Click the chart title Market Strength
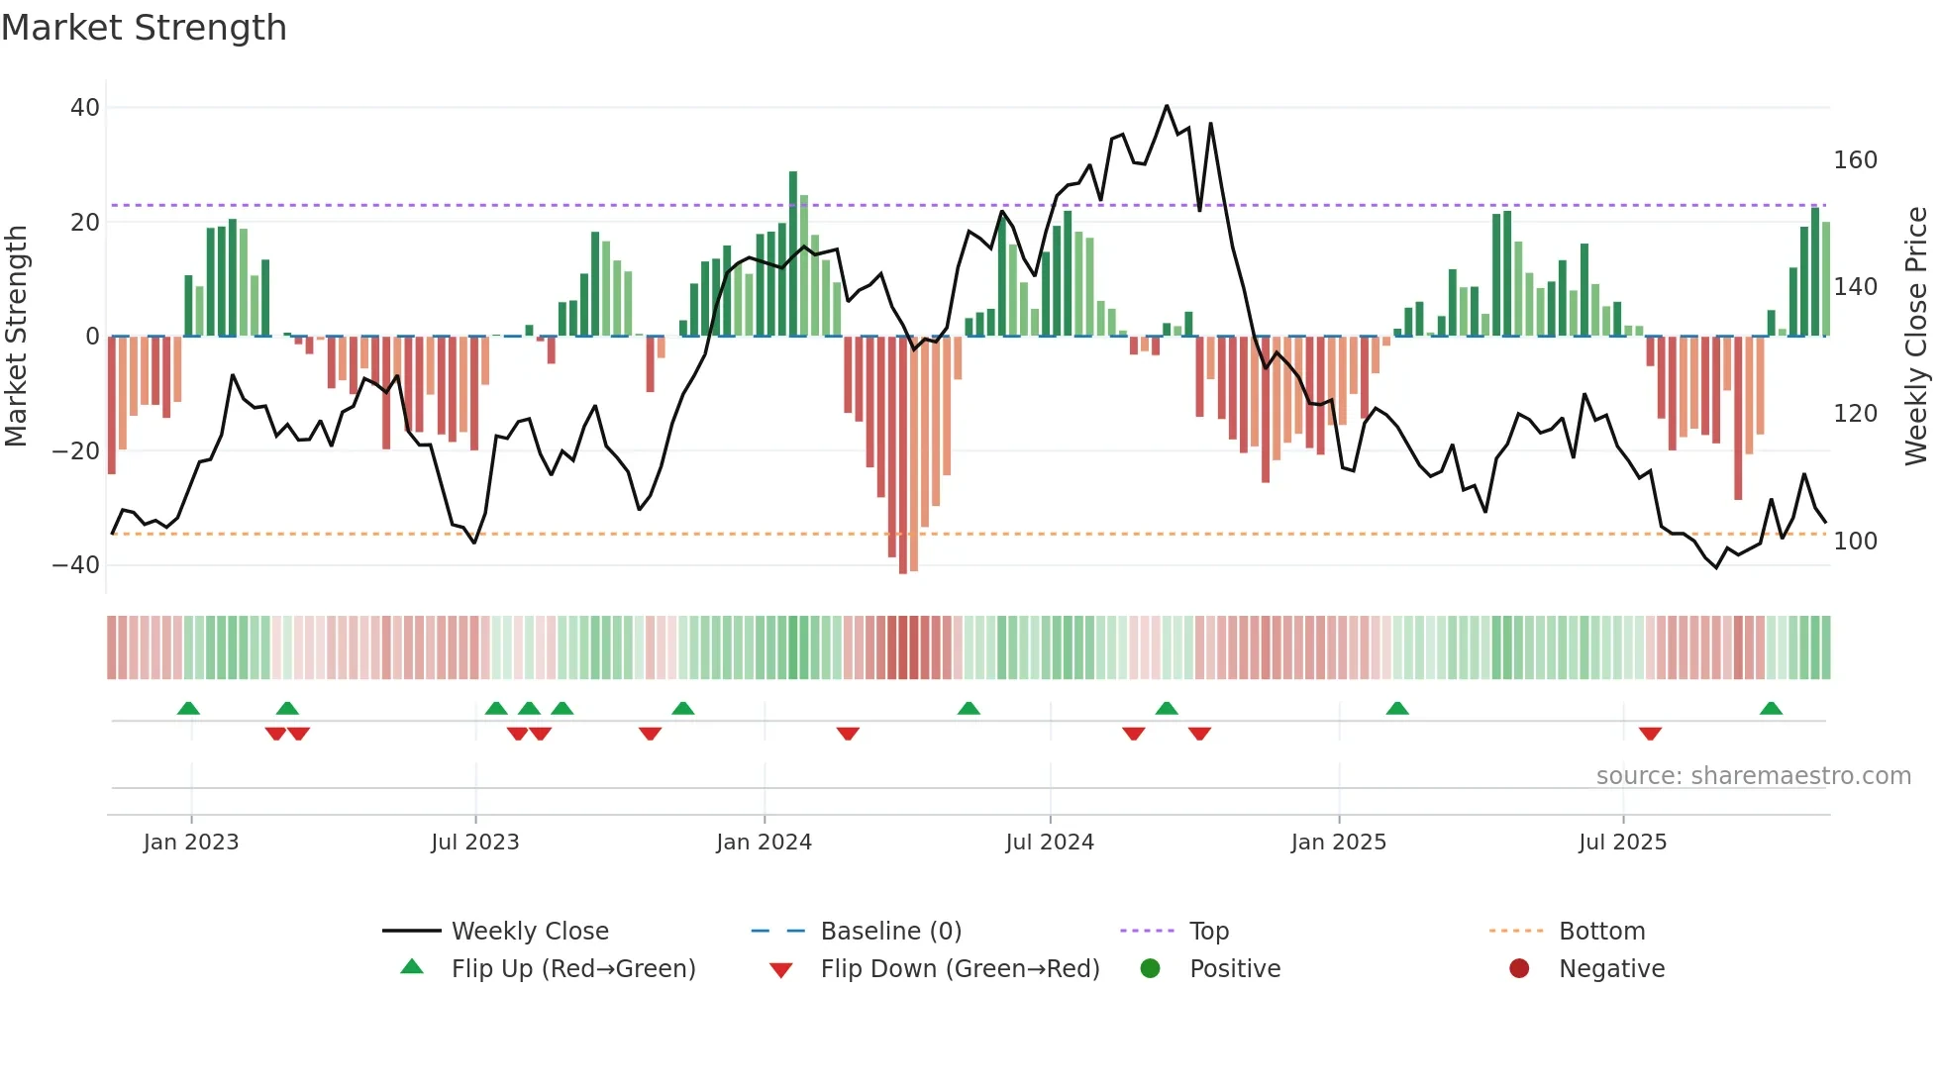[144, 28]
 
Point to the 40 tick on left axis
[85, 107]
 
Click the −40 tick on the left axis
[76, 565]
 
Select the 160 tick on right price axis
[1855, 160]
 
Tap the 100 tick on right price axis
[1855, 542]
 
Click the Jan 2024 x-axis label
[764, 843]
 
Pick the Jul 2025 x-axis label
[1622, 843]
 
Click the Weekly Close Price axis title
[1916, 337]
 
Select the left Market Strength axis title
[17, 337]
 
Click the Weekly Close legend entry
[530, 932]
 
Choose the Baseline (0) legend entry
[890, 932]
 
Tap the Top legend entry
[1208, 932]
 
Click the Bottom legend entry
[1601, 932]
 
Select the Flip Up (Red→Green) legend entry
[572, 969]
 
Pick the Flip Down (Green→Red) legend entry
[959, 969]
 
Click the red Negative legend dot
[1519, 968]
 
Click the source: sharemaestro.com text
[1753, 776]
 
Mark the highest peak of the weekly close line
[1167, 106]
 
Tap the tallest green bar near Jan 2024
[793, 253]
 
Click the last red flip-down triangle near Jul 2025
[1650, 734]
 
